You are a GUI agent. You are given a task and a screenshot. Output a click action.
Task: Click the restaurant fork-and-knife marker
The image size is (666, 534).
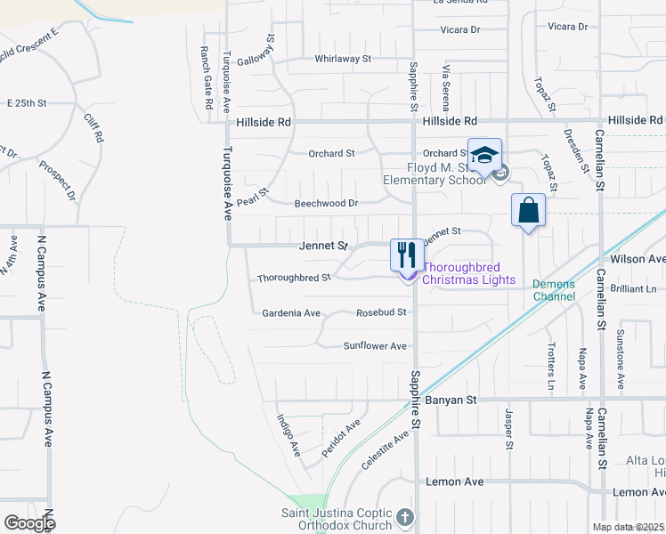406,254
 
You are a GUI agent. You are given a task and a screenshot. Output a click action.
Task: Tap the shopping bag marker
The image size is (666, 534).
528,211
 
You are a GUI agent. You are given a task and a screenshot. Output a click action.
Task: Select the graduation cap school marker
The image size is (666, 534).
484,156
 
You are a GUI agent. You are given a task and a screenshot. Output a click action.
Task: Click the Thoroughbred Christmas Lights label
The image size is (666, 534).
468,273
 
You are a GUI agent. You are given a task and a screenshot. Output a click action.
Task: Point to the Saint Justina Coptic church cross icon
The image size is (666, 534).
405,517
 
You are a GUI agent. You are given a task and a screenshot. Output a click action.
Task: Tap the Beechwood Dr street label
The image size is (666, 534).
326,204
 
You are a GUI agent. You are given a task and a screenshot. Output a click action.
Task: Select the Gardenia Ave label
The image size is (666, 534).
290,313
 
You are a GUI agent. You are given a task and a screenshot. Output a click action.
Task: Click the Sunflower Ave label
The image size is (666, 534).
375,346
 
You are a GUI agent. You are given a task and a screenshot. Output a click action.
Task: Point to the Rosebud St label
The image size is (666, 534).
381,312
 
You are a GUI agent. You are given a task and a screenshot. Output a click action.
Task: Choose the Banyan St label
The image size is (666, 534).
451,400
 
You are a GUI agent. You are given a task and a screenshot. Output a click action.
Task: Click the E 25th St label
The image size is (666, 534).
26,103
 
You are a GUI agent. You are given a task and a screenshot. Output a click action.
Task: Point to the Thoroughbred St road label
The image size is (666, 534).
294,278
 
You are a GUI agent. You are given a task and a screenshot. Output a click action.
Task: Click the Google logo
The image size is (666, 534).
28,523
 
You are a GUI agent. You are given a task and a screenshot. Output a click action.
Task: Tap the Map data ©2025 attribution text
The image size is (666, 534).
629,527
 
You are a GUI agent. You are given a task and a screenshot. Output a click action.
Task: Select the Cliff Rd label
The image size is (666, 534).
93,129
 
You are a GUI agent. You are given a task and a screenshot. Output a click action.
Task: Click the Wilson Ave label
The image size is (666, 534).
637,259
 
